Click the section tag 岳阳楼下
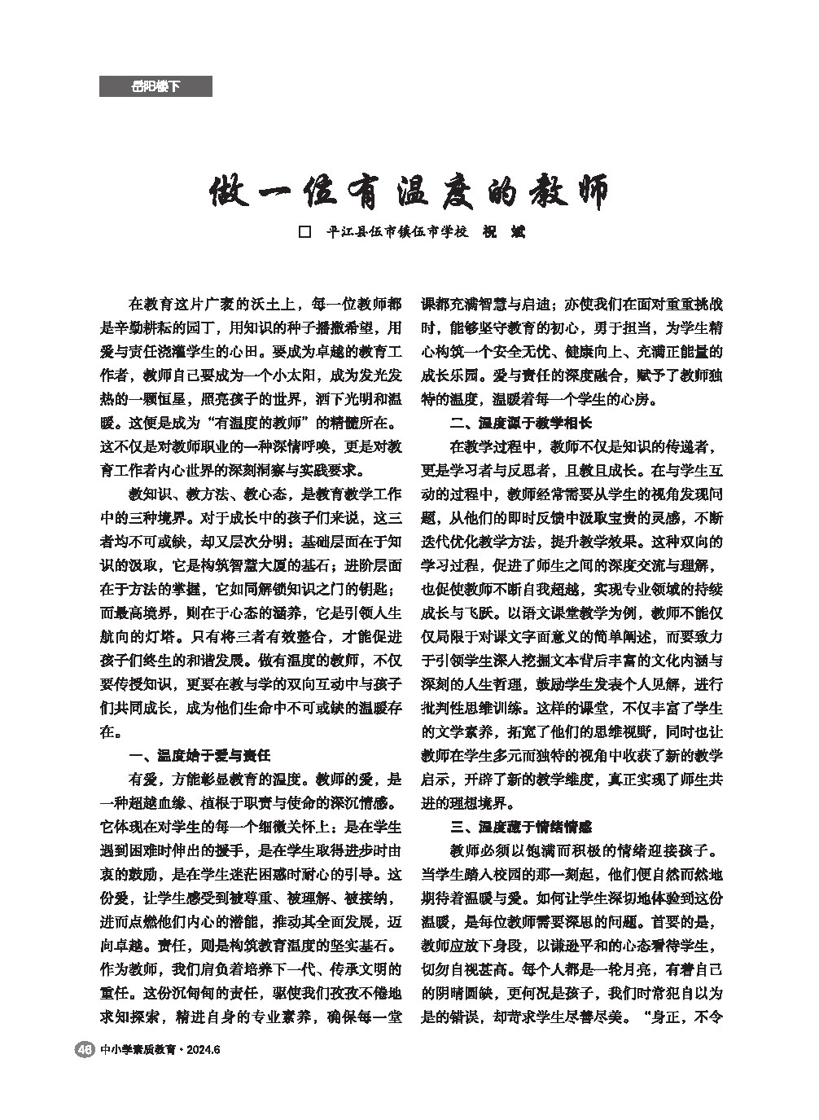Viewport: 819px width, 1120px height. pos(155,86)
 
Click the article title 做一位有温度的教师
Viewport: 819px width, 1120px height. pos(409,192)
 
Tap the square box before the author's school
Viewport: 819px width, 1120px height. pos(306,232)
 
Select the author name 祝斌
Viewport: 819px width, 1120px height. pos(505,232)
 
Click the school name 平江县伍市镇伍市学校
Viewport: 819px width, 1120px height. pos(396,232)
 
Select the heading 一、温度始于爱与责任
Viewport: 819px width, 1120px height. pos(200,754)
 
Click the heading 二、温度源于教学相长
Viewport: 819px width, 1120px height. pos(521,424)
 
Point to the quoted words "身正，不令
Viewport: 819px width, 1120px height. pos(676,1017)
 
